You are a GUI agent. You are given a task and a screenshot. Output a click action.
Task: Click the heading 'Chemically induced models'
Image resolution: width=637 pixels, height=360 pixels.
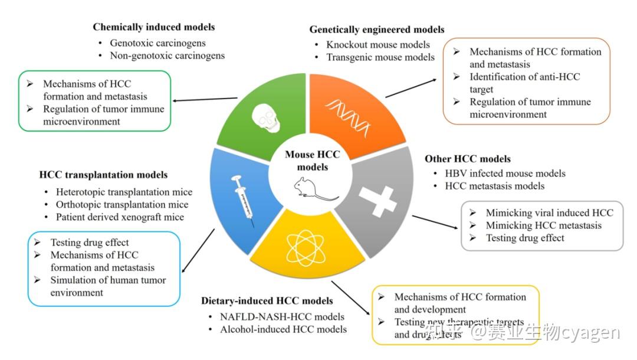coord(153,27)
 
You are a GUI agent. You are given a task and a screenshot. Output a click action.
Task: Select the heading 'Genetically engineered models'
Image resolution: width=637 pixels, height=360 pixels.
coord(377,30)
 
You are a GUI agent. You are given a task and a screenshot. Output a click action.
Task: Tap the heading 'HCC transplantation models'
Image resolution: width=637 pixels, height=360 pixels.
coord(103,175)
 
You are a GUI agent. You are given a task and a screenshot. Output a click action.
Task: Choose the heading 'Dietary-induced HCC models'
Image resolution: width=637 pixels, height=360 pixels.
coord(267,301)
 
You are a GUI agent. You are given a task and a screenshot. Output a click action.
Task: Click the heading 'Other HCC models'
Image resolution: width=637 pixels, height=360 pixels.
coord(468,159)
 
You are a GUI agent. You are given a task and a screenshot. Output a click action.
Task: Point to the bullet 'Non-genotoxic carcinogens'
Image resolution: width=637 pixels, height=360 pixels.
coord(168,56)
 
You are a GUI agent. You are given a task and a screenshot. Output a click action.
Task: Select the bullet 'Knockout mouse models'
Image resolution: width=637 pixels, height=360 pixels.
coord(378,45)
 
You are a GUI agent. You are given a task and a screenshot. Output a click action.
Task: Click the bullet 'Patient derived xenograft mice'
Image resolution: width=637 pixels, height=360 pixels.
coord(120,217)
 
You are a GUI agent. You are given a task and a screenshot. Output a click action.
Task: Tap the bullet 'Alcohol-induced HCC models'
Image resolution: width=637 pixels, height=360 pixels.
coord(283,329)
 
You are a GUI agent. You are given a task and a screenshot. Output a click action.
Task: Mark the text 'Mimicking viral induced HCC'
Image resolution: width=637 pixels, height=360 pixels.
coord(549,212)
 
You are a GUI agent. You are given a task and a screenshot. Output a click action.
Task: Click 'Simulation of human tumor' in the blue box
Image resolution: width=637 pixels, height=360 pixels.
coord(108,280)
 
